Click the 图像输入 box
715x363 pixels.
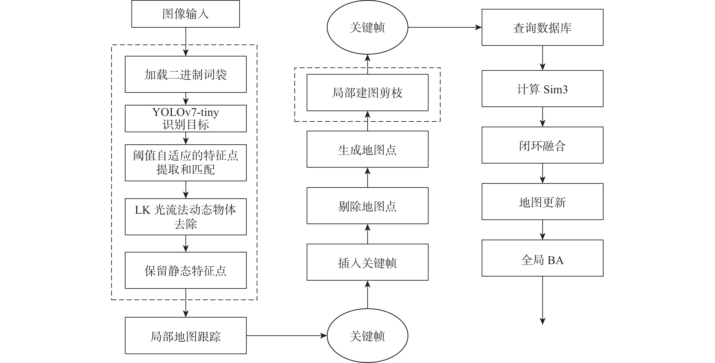click(x=185, y=14)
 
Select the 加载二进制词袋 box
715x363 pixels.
click(x=185, y=74)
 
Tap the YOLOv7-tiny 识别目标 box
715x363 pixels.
click(x=185, y=118)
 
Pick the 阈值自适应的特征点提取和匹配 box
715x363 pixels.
click(x=185, y=163)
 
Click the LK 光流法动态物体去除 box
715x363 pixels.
click(x=185, y=217)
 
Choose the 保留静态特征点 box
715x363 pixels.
click(x=185, y=270)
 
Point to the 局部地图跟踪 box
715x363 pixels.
click(x=185, y=336)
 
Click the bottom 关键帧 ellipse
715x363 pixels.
click(x=367, y=336)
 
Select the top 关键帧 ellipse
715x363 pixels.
click(x=367, y=27)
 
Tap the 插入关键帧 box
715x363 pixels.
click(x=367, y=262)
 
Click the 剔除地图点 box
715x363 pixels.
click(x=367, y=206)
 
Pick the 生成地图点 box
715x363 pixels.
click(x=367, y=149)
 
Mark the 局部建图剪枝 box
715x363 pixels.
click(x=367, y=92)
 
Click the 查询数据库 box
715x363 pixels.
click(x=542, y=27)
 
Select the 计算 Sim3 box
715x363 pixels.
click(x=542, y=88)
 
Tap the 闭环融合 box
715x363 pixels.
click(x=542, y=145)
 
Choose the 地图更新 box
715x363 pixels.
click(x=542, y=201)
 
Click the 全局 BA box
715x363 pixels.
click(x=542, y=258)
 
